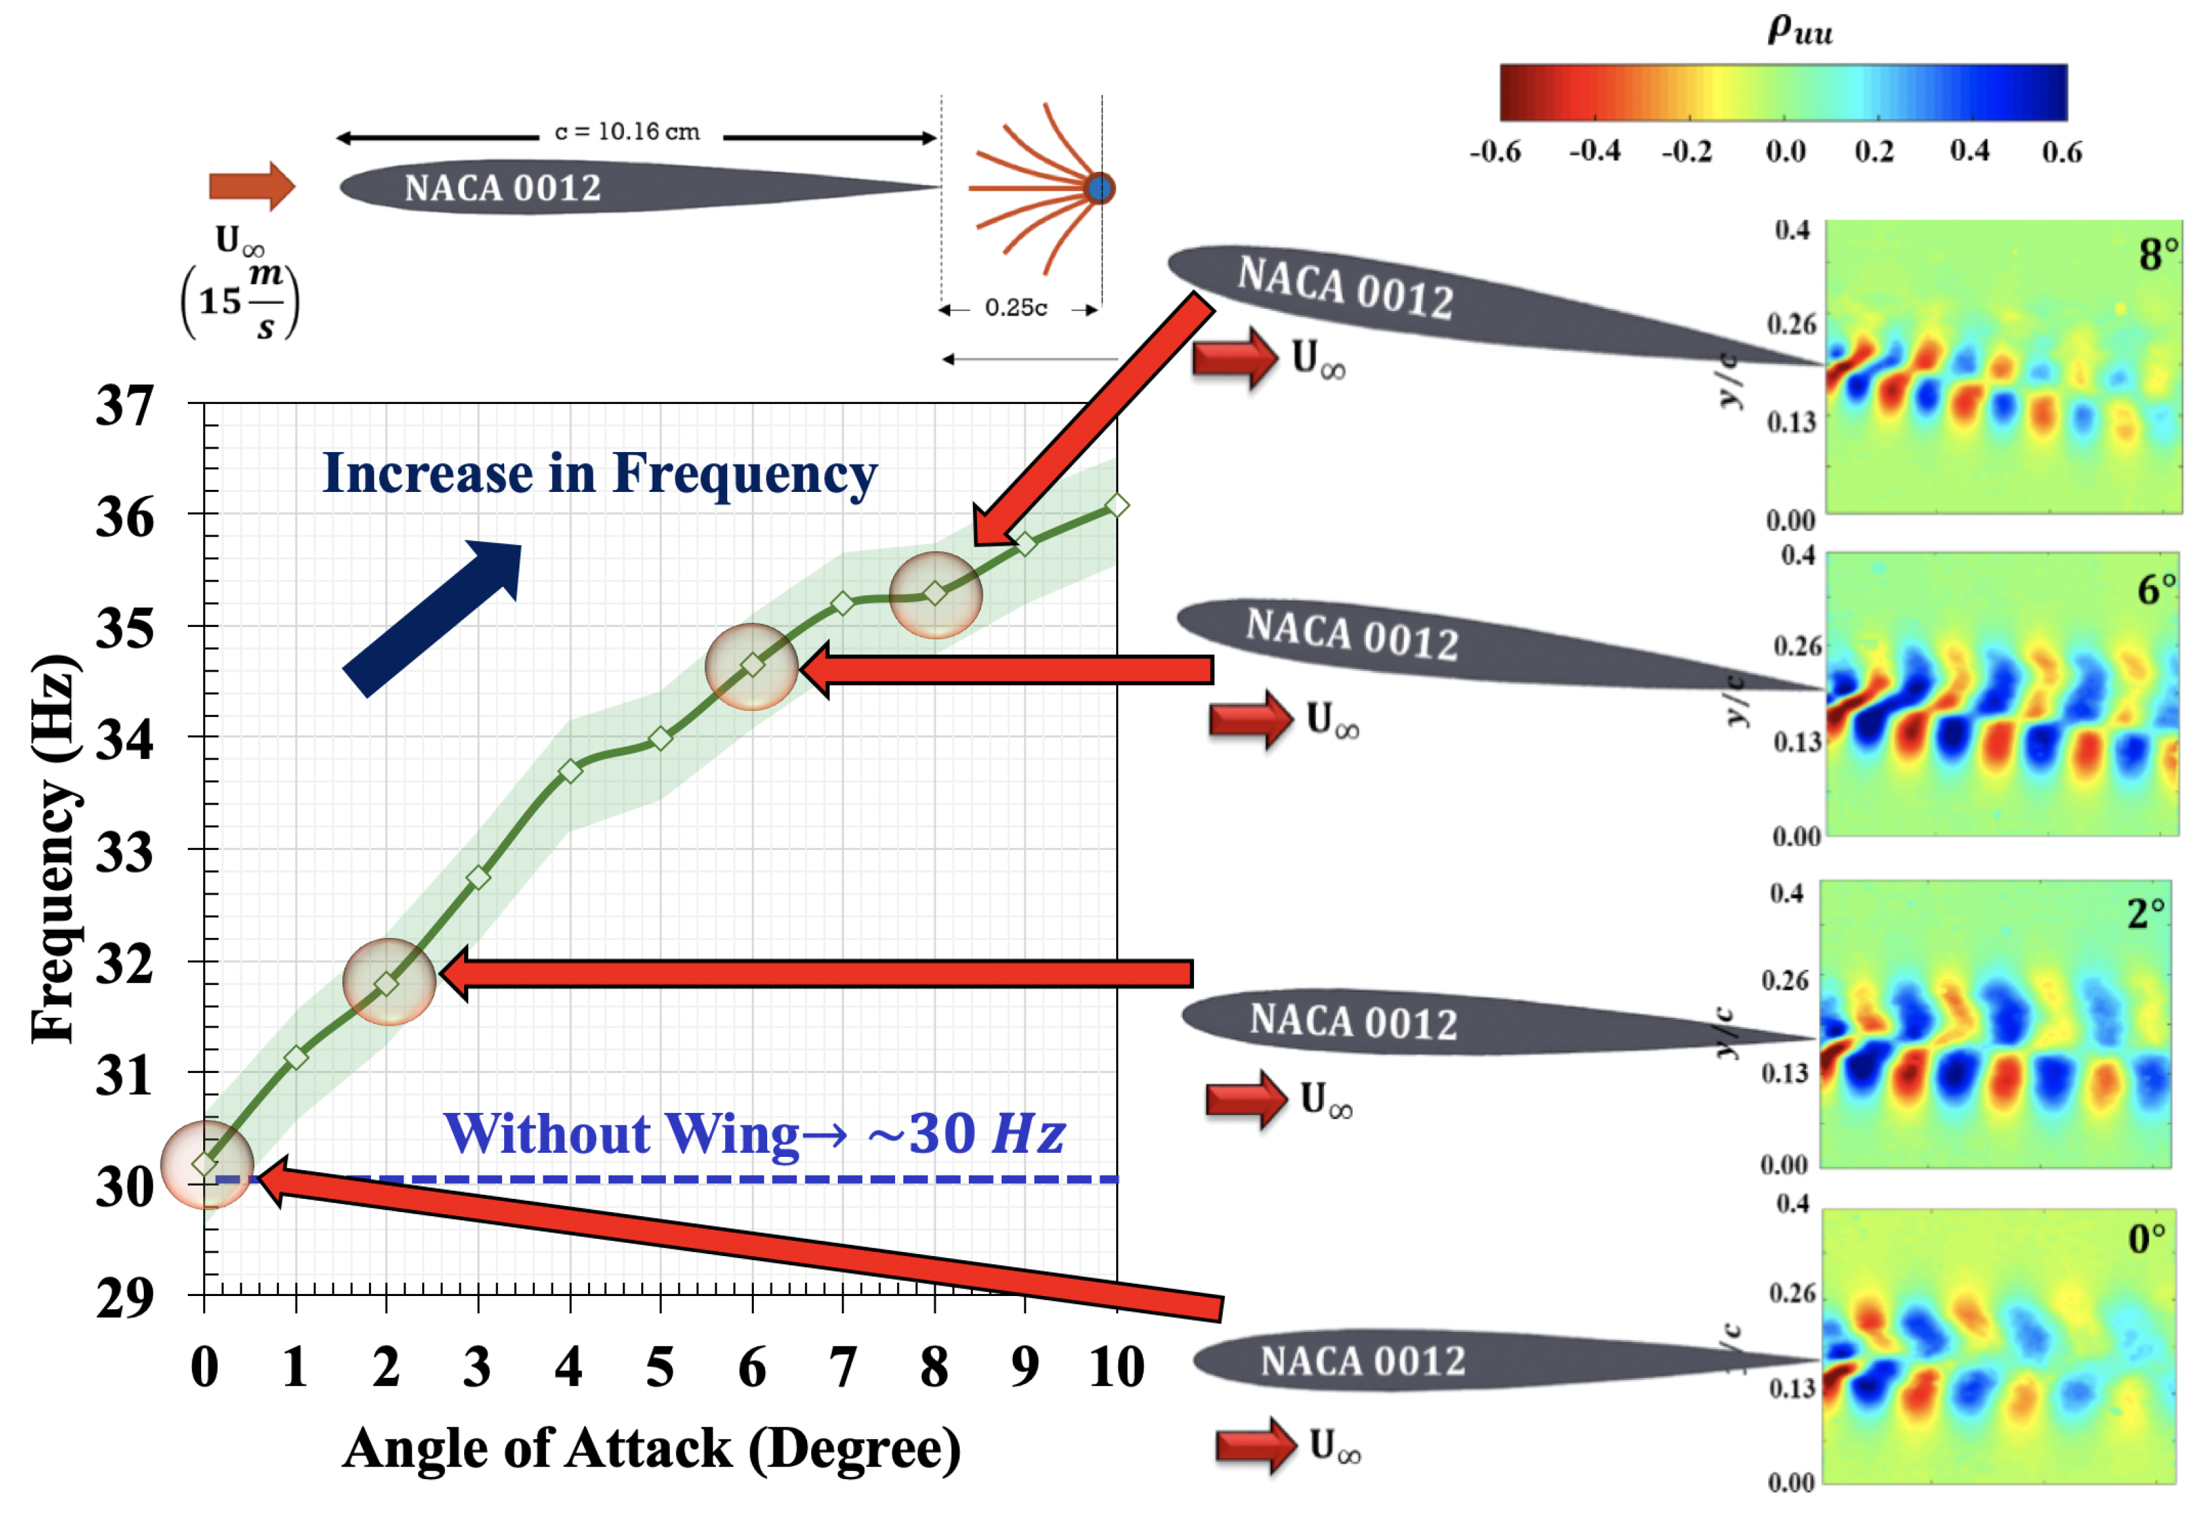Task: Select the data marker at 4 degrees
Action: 570,771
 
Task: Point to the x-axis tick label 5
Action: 659,1367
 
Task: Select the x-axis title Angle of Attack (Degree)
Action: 651,1448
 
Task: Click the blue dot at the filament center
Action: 1100,188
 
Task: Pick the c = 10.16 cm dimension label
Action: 627,132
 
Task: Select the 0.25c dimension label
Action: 1016,308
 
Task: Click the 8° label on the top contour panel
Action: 2157,255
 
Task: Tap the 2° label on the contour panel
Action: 2146,914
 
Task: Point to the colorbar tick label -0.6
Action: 1495,152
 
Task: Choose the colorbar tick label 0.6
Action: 2062,152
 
